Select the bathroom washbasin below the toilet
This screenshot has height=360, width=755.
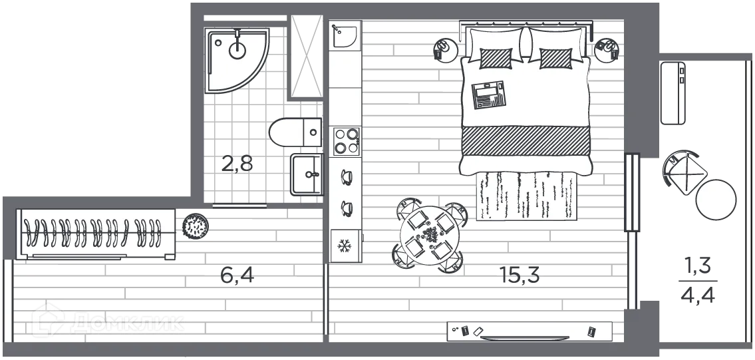click(x=307, y=175)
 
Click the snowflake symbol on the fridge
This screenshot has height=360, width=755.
click(x=345, y=246)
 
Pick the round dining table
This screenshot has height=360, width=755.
click(x=427, y=236)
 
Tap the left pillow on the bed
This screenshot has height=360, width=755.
click(x=496, y=57)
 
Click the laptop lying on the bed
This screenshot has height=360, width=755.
click(x=489, y=94)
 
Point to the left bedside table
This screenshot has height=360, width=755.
click(x=445, y=49)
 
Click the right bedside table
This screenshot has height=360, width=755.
click(x=607, y=49)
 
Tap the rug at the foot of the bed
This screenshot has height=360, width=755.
click(x=524, y=194)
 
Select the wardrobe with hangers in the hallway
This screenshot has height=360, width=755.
click(x=96, y=234)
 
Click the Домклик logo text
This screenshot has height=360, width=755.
click(x=126, y=323)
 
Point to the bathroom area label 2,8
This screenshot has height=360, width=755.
click(x=237, y=162)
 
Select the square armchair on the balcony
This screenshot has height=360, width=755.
click(x=683, y=172)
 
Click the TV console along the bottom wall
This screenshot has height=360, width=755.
click(x=529, y=331)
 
